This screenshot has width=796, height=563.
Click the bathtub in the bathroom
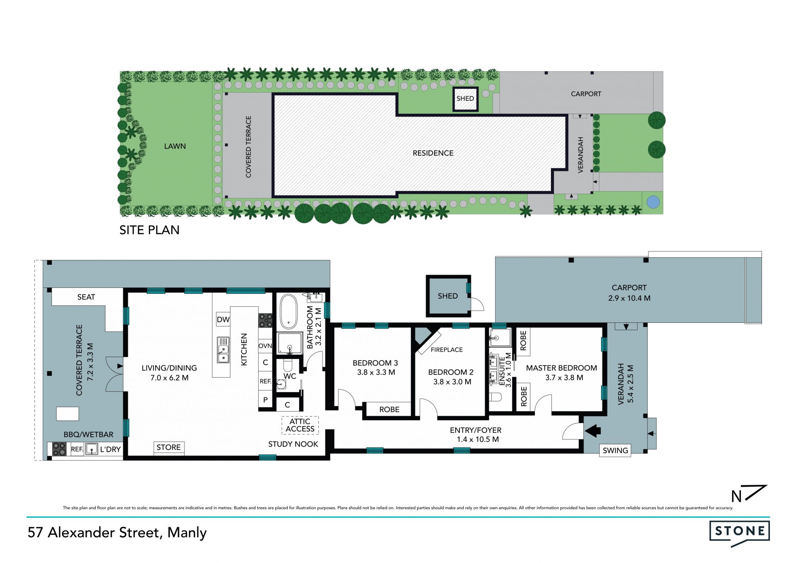coord(289,312)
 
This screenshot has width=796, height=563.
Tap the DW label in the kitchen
coord(223,319)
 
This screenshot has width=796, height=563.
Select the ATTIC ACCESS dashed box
coord(300,425)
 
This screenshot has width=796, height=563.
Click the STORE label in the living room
coord(168,447)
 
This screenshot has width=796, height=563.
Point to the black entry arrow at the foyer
coord(593,431)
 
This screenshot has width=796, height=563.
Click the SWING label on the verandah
coord(615,451)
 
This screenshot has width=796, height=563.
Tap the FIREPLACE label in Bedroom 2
coord(447,350)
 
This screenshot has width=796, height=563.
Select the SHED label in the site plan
coord(465,98)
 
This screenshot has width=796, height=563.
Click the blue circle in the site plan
coord(653,202)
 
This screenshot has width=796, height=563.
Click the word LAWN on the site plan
coord(175,146)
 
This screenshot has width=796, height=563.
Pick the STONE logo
coord(740,533)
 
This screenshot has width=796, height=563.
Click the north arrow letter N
coord(736,496)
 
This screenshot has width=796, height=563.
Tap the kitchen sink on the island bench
coord(223,350)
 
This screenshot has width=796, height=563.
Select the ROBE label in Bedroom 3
coord(389,409)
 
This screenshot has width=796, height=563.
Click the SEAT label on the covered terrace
coord(86,297)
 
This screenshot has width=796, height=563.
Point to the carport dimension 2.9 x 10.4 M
coord(629,298)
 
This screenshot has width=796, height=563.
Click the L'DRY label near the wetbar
coord(110,449)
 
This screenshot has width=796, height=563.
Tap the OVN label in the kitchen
coord(265,346)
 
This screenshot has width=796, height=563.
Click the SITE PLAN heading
coord(150,230)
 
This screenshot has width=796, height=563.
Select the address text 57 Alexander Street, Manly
coord(117,533)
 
